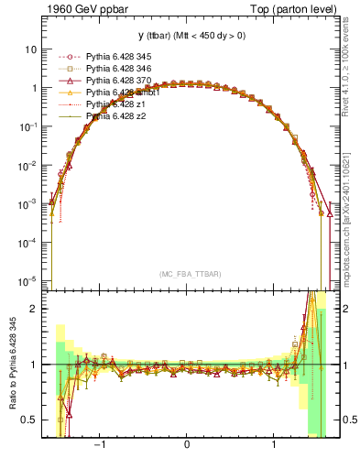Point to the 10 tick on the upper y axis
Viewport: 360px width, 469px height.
31,49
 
